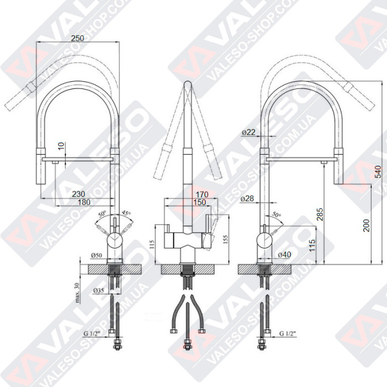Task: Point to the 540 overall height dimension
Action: pyautogui.click(x=379, y=172)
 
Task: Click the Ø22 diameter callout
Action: pyautogui.click(x=248, y=133)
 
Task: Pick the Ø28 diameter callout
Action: pyautogui.click(x=248, y=198)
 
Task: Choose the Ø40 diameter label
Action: pyautogui.click(x=285, y=254)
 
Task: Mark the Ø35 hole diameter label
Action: pyautogui.click(x=99, y=291)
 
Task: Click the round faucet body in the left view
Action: pyautogui.click(x=114, y=240)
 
